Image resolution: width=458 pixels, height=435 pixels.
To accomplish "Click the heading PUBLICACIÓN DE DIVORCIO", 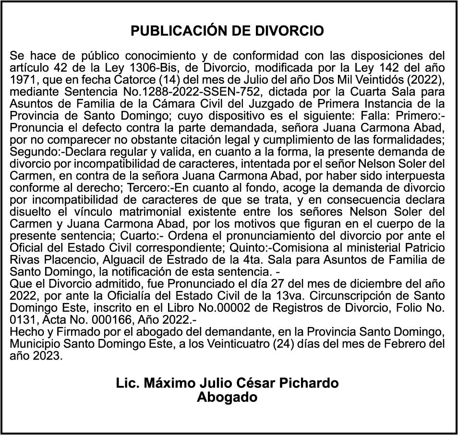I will point(228,31).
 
